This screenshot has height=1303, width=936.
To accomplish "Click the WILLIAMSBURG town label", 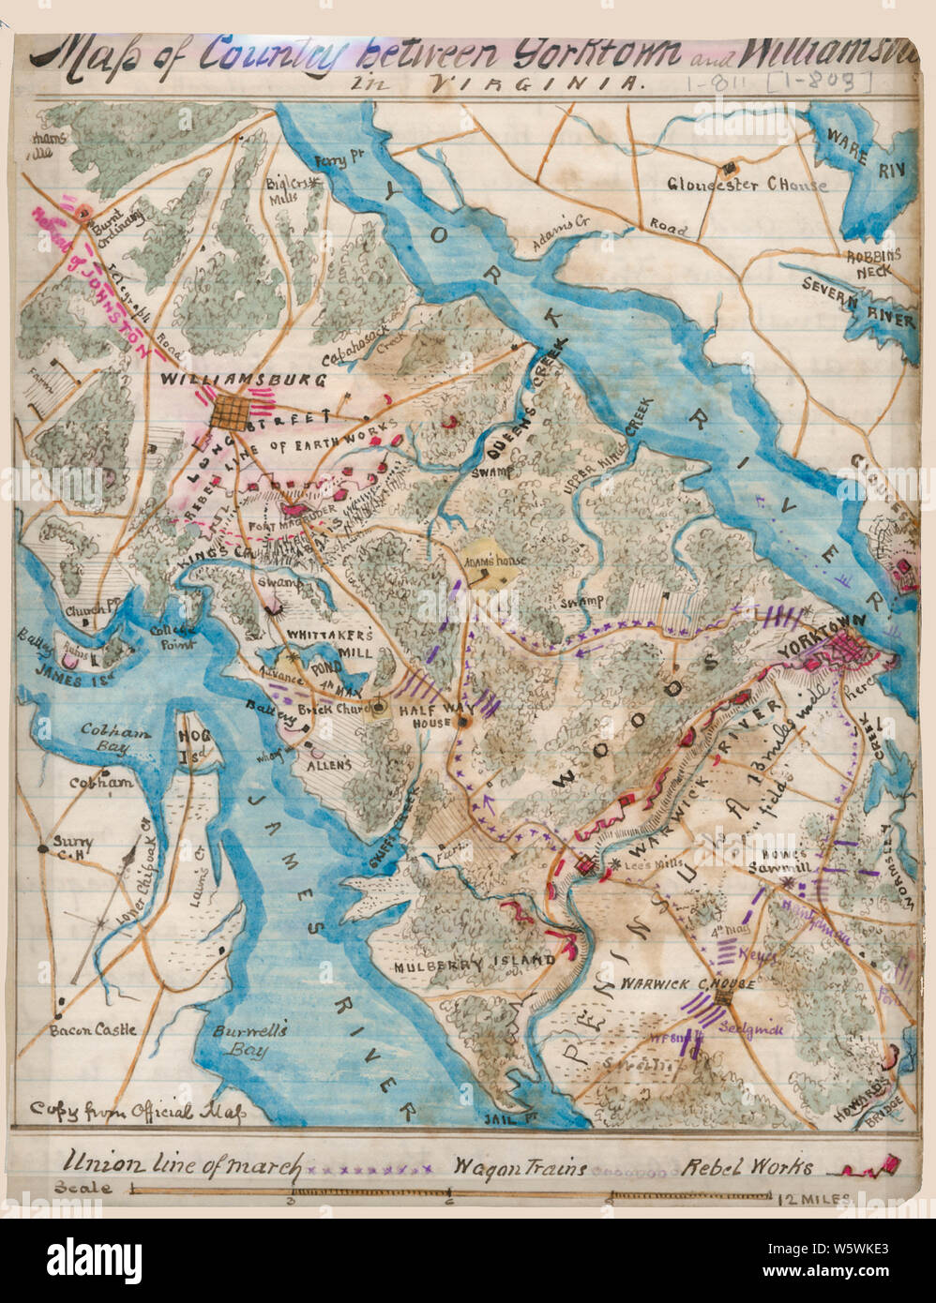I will [243, 381].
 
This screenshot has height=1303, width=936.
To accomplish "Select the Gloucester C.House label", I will [747, 185].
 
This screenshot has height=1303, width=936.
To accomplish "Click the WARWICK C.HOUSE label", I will [674, 985].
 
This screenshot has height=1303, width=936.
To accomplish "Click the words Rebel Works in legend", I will [747, 1168].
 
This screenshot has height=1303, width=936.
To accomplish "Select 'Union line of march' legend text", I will [183, 1166].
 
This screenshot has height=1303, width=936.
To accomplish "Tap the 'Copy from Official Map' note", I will [137, 1112].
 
